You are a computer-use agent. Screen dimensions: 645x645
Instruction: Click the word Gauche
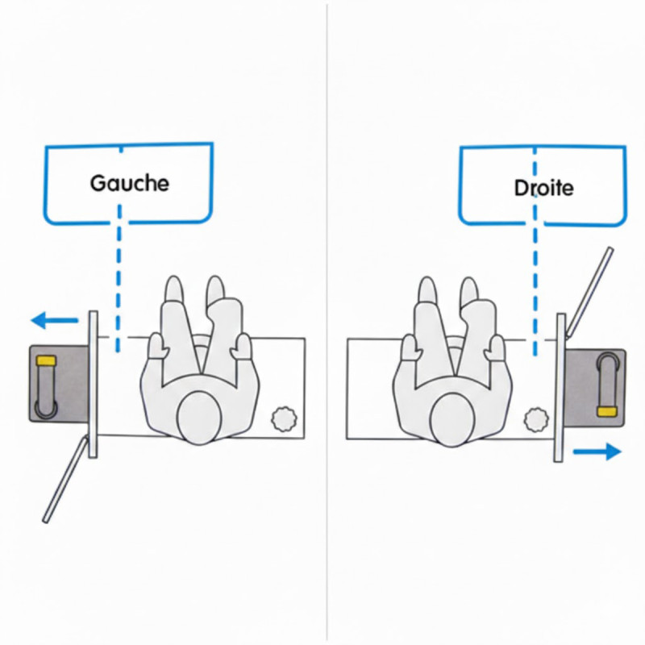(x=129, y=182)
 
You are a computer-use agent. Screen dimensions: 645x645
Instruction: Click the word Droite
(x=543, y=188)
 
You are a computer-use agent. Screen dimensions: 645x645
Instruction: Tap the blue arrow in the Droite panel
(x=597, y=452)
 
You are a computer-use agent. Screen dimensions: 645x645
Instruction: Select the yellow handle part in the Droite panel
(x=605, y=411)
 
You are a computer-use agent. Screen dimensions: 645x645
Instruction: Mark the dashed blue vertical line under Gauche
(x=119, y=274)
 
